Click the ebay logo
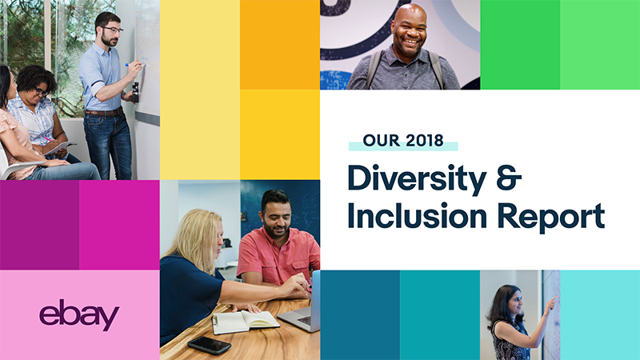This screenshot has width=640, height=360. coord(79,314)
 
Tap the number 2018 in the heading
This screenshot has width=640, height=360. coord(425,141)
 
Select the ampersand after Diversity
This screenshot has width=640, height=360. coord(509,178)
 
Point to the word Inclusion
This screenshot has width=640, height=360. coord(417,215)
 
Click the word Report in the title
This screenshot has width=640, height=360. coord(551,217)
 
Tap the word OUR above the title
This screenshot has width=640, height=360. coord(382,141)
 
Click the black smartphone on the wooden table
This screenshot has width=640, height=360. coord(209,346)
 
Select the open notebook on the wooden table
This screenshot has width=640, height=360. coord(245,322)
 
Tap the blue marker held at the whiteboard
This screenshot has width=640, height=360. coord(134,65)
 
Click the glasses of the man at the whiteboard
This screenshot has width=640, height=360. coord(112,30)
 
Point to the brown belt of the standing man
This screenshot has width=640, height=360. coord(104,112)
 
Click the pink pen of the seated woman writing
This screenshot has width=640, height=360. coord(48,139)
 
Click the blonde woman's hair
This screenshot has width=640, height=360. coord(196,237)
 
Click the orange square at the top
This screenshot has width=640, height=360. coord(279,45)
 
